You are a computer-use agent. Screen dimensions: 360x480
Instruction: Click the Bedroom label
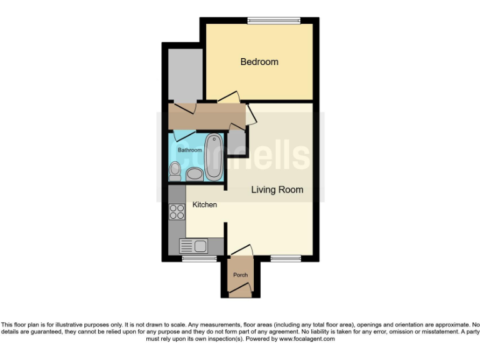(x=259, y=62)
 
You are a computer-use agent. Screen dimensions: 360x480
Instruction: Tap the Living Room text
(x=277, y=189)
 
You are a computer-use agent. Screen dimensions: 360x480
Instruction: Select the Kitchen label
(x=204, y=205)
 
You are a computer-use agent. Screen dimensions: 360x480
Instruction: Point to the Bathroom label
(x=189, y=151)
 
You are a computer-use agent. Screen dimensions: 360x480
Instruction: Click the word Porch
(x=240, y=275)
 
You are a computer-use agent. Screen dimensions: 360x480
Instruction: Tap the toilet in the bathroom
(x=175, y=170)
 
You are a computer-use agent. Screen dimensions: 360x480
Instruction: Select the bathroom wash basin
(x=194, y=173)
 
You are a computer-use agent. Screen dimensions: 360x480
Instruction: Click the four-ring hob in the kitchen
(x=176, y=212)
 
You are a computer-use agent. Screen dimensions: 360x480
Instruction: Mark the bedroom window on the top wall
(x=274, y=21)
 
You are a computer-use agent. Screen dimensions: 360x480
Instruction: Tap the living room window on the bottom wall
(x=286, y=257)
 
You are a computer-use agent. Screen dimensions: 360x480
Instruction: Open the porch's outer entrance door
(x=242, y=288)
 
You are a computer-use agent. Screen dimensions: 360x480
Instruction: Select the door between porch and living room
(x=242, y=251)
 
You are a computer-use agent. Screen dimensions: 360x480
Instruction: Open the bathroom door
(x=185, y=134)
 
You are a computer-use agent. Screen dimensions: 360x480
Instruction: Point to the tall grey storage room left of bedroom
(x=183, y=73)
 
